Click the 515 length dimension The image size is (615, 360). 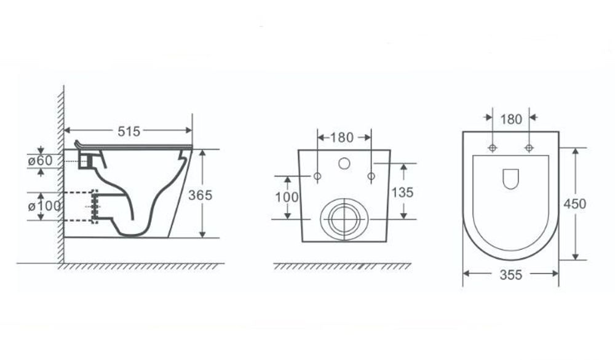pos(129,131)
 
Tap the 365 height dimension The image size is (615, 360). pos(200,195)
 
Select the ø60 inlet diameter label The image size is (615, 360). pos(40,160)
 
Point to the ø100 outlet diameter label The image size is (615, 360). pos(44,206)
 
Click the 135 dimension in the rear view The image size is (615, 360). pos(402,192)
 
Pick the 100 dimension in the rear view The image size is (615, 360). pos(287,197)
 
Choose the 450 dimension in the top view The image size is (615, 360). pos(574,204)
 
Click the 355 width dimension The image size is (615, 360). pos(510,275)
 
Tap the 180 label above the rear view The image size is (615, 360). pos(341,137)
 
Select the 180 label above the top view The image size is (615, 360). pos(511,119)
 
